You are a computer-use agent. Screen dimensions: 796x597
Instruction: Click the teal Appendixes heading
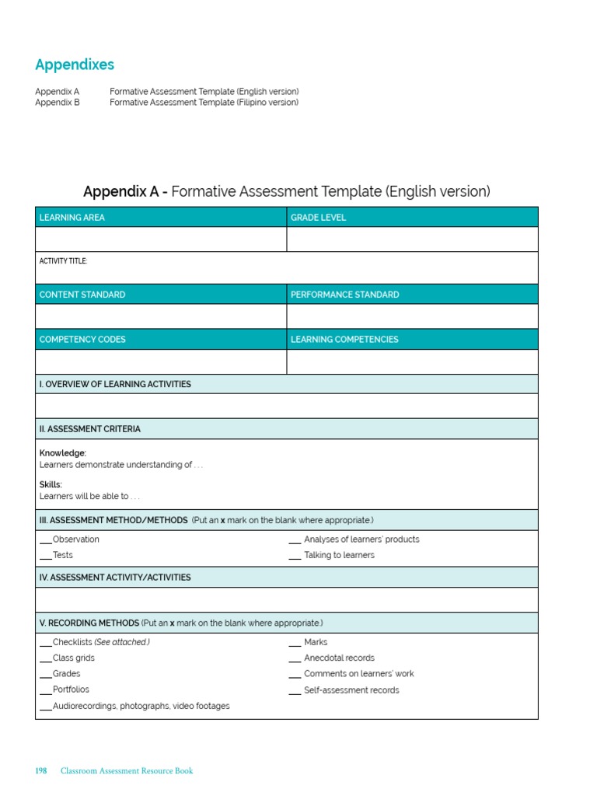[x=75, y=65]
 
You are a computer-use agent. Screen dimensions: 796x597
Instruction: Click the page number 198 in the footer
[x=41, y=771]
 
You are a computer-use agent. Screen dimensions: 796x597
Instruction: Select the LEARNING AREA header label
[x=72, y=218]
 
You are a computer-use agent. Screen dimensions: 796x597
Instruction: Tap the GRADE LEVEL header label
[x=319, y=218]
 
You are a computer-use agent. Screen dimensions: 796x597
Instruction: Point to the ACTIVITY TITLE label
[x=64, y=261]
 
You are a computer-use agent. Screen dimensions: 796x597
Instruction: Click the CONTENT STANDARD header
[x=82, y=295]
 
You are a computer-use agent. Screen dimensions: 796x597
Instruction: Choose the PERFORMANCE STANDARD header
[x=345, y=295]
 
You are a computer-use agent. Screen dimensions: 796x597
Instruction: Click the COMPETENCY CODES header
[x=82, y=340]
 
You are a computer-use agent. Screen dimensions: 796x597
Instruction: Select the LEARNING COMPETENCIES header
[x=344, y=340]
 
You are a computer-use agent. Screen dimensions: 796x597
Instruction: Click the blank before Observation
[x=46, y=540]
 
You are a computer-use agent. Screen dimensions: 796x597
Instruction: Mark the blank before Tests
[x=46, y=557]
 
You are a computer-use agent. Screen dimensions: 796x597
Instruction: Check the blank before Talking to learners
[x=295, y=557]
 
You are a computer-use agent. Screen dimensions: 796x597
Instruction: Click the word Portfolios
[x=71, y=690]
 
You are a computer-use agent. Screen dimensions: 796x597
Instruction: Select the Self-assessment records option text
[x=351, y=690]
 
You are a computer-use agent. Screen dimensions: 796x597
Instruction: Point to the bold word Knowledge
[x=63, y=453]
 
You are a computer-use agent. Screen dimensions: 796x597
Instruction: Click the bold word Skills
[x=51, y=484]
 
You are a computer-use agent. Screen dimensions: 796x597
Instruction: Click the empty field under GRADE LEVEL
[x=412, y=239]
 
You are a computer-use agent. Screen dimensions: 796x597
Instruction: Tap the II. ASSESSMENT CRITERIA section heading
[x=90, y=429]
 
